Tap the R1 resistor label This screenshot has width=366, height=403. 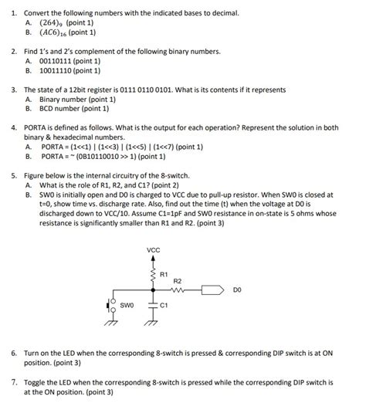tap(164, 273)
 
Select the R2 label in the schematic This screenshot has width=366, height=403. tap(177, 281)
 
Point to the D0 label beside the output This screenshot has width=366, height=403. tap(237, 291)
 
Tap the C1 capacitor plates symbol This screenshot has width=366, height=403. tap(153, 306)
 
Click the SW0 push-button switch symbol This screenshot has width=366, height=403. tap(110, 306)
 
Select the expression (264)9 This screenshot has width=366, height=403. tap(53, 23)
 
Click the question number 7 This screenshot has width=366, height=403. tap(14, 381)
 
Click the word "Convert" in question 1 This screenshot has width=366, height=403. tap(36, 14)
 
